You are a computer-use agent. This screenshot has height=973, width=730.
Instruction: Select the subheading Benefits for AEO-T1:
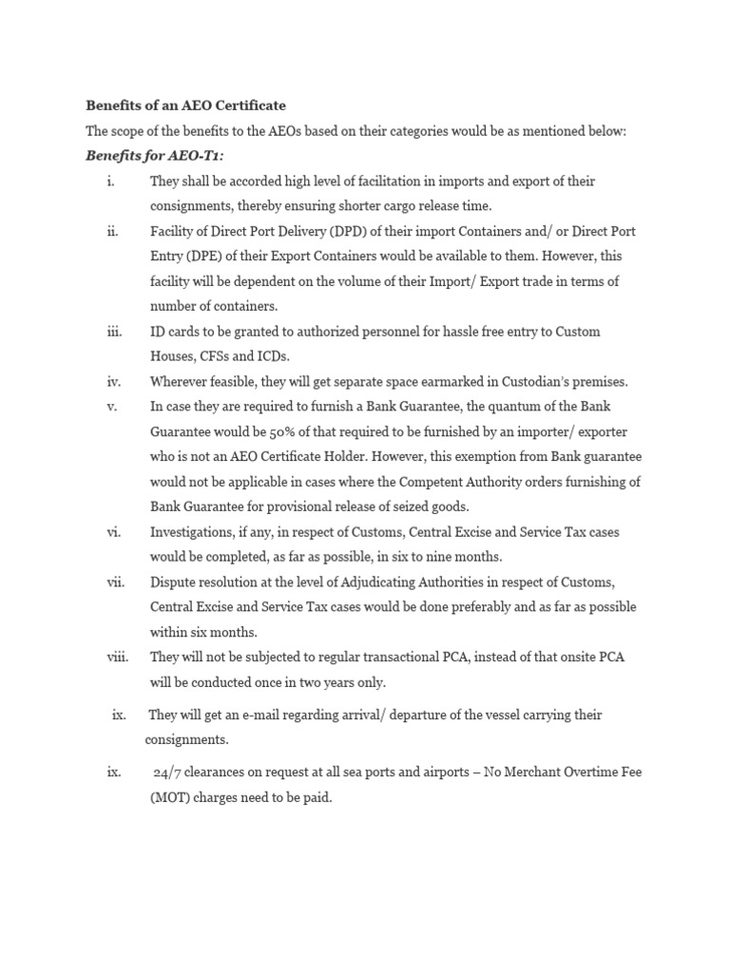pyautogui.click(x=154, y=155)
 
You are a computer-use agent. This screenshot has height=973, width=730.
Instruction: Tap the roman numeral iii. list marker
pyautogui.click(x=115, y=332)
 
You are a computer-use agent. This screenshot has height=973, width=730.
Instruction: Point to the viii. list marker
pyautogui.click(x=118, y=657)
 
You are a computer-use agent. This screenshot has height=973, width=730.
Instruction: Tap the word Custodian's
pyautogui.click(x=530, y=382)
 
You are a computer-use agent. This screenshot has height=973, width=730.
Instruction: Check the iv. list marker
pyautogui.click(x=115, y=382)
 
